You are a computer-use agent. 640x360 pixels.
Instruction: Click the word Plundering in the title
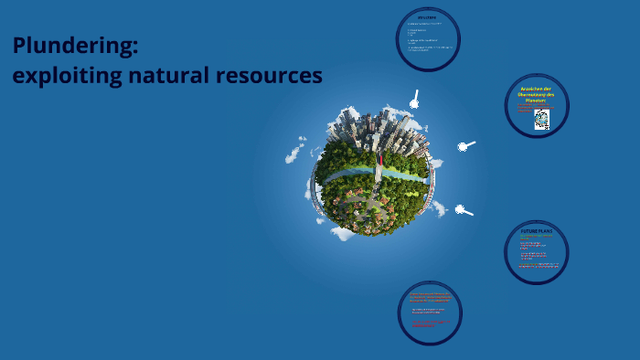coord(72,46)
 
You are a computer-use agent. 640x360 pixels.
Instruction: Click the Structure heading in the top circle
coord(427,17)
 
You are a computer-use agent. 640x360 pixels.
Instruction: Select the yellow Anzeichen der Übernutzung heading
coord(537,93)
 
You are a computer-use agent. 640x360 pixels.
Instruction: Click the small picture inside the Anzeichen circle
coord(541,119)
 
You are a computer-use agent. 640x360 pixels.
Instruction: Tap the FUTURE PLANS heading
coord(537,232)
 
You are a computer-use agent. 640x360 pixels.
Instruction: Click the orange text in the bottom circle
coord(429,298)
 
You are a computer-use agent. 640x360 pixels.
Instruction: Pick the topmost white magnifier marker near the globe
coord(414,100)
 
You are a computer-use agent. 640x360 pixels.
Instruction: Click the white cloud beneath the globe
coord(343,233)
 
